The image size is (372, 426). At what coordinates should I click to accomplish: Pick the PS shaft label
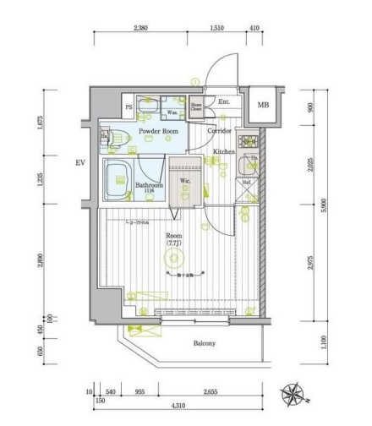click(x=129, y=106)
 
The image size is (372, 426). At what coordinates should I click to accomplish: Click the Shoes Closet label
click(x=195, y=106)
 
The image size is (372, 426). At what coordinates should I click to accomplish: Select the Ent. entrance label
click(x=223, y=102)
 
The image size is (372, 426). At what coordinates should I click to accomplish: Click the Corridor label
click(x=222, y=131)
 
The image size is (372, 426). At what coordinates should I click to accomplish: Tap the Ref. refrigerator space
click(x=248, y=181)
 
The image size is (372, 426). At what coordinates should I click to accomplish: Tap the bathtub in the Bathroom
click(x=118, y=179)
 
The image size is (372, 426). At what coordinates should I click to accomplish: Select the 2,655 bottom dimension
click(x=215, y=392)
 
